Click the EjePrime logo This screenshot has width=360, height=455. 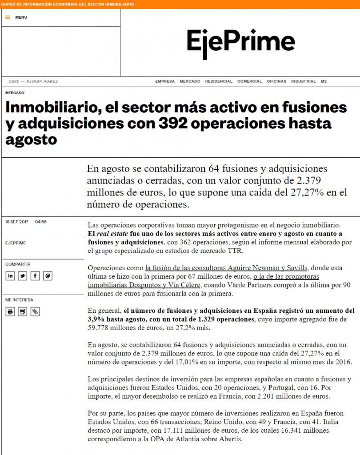(240, 44)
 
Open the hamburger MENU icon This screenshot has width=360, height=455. (8, 17)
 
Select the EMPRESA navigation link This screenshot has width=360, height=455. (165, 81)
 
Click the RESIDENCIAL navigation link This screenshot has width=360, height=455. (219, 81)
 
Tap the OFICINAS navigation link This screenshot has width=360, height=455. (276, 81)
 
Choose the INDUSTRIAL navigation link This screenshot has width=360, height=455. (303, 81)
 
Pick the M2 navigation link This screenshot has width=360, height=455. (324, 81)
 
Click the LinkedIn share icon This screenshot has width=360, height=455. (10, 276)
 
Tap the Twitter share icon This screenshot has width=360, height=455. (22, 276)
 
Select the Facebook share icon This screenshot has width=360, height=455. (35, 276)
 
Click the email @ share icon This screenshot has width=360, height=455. (48, 276)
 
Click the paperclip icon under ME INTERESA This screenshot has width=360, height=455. (35, 311)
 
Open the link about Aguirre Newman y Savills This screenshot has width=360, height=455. (226, 267)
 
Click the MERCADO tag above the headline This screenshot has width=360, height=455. (15, 93)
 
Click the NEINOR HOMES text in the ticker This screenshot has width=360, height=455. (42, 81)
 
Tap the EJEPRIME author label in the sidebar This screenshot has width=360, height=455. (16, 243)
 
